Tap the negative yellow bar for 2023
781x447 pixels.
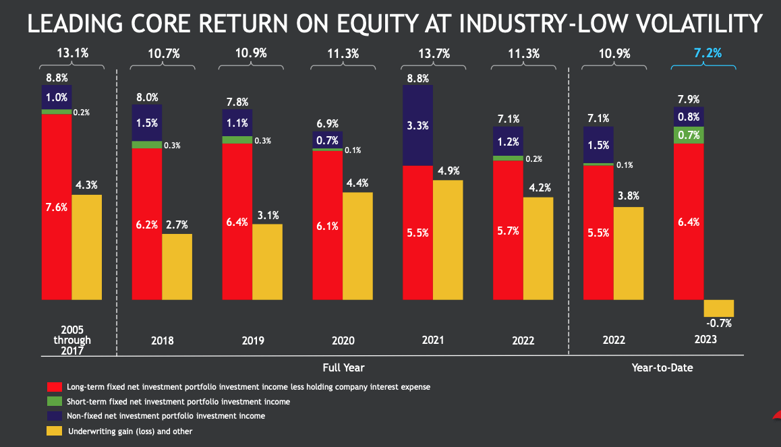(x=718, y=308)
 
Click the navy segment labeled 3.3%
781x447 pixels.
(x=417, y=125)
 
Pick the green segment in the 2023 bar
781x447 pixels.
(x=689, y=135)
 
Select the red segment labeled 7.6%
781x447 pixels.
(x=56, y=207)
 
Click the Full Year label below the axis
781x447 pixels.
(x=344, y=367)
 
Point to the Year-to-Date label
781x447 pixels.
(x=662, y=367)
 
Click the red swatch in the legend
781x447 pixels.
(x=54, y=387)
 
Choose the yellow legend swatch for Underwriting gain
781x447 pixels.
(x=54, y=431)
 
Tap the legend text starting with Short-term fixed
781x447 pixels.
(x=178, y=402)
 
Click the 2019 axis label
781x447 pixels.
(x=252, y=340)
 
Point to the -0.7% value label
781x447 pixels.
(x=719, y=324)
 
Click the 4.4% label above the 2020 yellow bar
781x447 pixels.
(x=357, y=183)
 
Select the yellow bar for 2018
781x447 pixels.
(x=177, y=266)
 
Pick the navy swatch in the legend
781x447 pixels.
(x=54, y=416)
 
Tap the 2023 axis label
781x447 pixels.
(x=703, y=340)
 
